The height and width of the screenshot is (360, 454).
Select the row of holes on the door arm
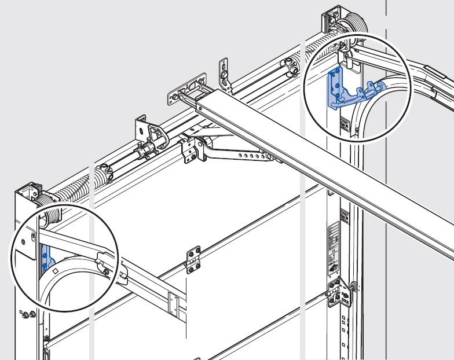(x=250, y=155)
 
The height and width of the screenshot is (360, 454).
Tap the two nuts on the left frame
(x=27, y=315)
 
